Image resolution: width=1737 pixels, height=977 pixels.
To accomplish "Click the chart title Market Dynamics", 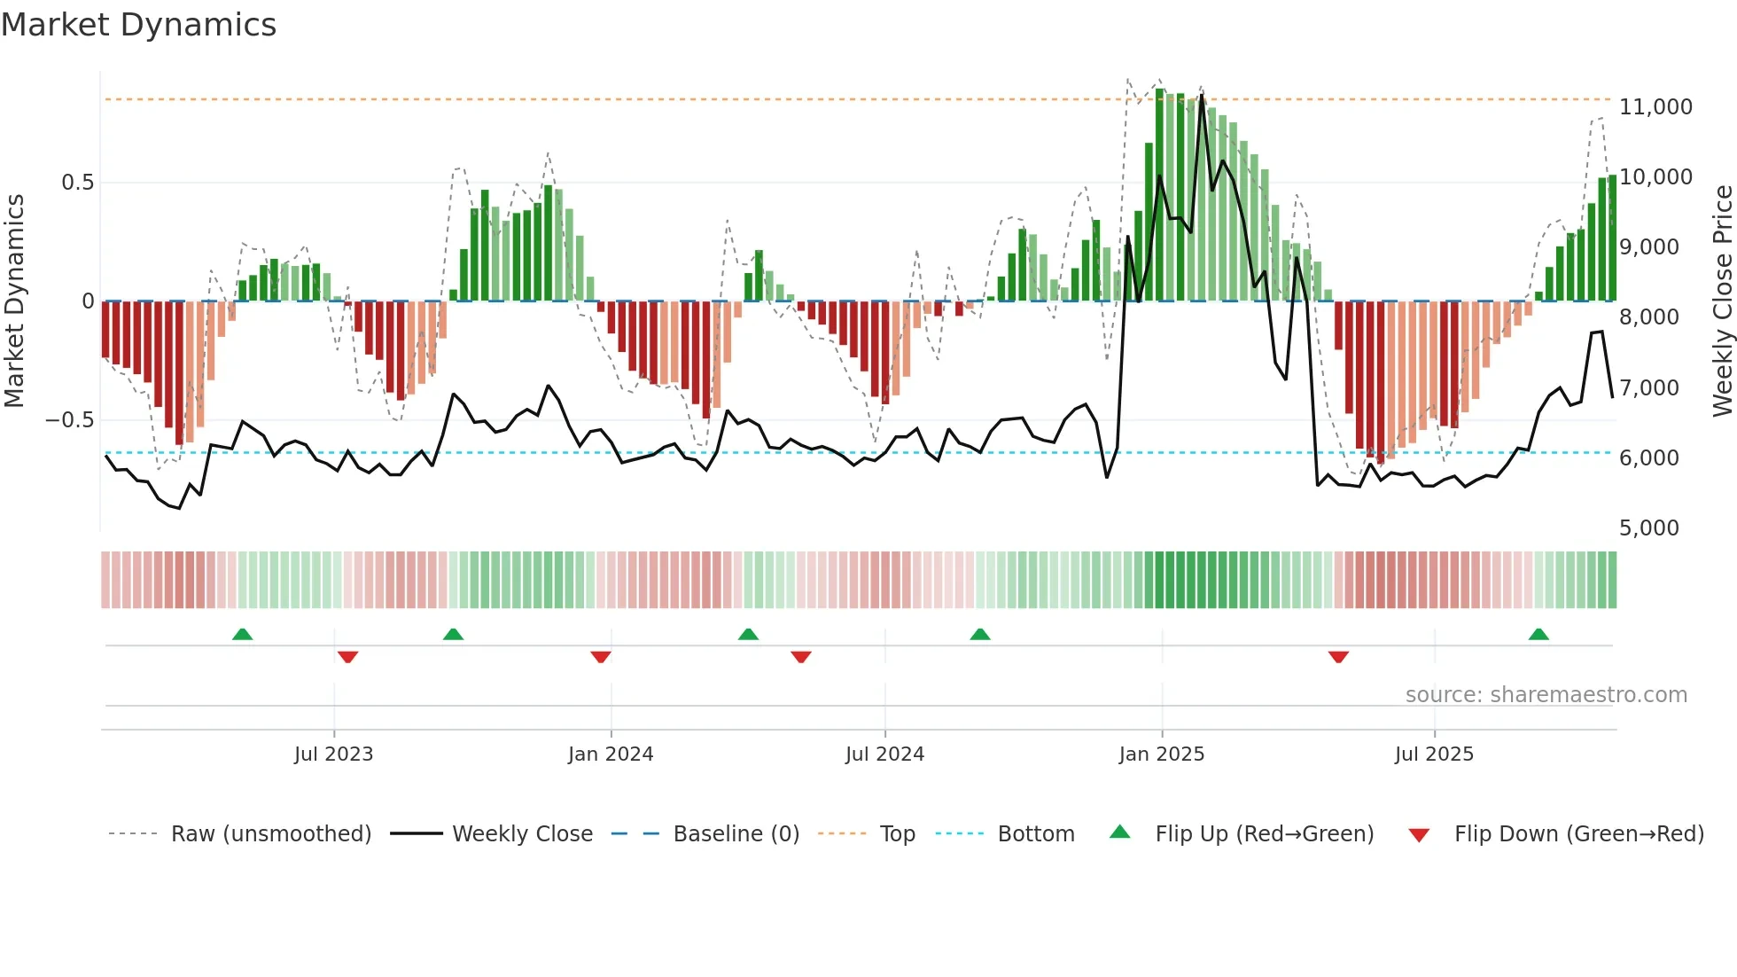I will click(x=138, y=25).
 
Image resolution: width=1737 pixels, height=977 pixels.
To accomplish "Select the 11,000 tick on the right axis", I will click(x=1655, y=107).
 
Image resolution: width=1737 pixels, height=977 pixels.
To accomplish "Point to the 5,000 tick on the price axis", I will click(x=1648, y=528).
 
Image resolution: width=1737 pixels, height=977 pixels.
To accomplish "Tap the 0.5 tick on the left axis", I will click(x=77, y=183).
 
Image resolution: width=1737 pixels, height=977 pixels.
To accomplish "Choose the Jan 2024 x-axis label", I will click(x=611, y=754).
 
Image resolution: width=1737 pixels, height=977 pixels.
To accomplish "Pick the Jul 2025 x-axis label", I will click(x=1434, y=754).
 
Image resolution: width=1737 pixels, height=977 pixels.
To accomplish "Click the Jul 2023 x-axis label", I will click(x=333, y=754).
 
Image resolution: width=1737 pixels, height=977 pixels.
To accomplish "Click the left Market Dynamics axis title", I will click(x=14, y=301).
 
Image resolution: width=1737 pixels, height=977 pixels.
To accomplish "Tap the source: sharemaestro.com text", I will click(x=1546, y=695).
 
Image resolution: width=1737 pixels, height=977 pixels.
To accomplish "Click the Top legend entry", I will click(x=897, y=834).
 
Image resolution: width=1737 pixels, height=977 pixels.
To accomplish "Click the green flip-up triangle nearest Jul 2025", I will click(x=1538, y=634).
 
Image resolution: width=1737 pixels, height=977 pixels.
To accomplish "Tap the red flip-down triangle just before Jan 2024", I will click(x=601, y=657).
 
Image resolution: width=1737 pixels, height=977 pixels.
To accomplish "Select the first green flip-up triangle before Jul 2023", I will click(x=242, y=634).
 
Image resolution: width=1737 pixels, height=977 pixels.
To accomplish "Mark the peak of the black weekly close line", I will click(x=1202, y=95).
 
